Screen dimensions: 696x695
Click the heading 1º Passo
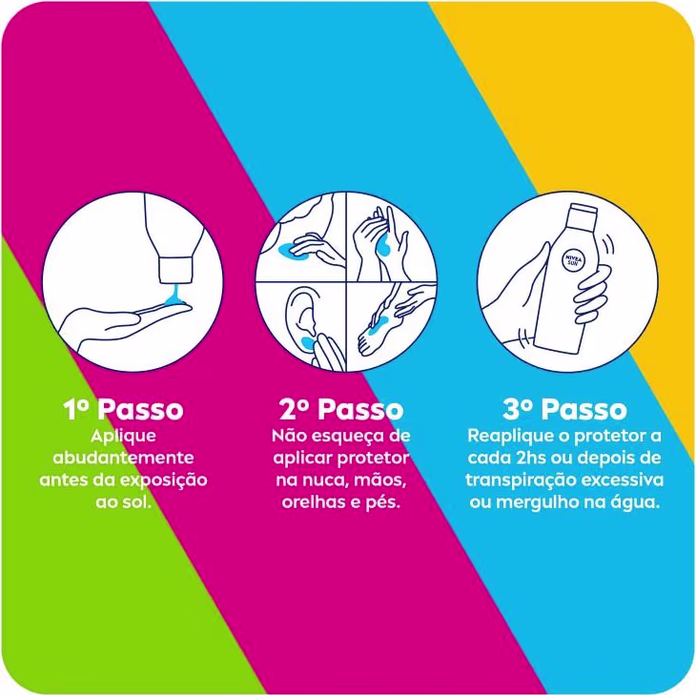click(123, 409)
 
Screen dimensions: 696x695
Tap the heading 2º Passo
click(341, 409)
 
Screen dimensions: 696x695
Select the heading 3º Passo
click(564, 409)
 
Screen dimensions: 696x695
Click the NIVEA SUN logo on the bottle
click(573, 260)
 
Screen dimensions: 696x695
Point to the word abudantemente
click(123, 458)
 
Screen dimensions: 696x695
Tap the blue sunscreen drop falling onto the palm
click(174, 296)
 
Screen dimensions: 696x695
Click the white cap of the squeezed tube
click(176, 270)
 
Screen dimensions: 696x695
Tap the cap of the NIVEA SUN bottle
click(583, 213)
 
